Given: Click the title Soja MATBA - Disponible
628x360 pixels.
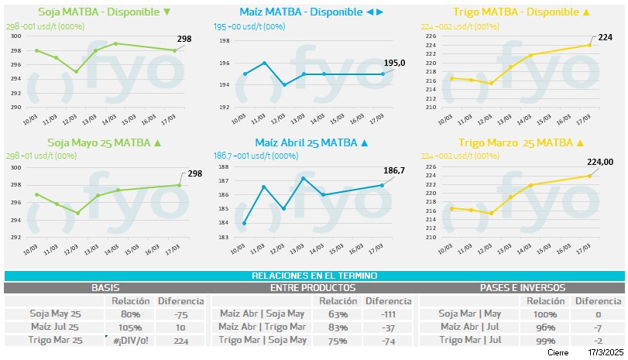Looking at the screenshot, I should point(103,12).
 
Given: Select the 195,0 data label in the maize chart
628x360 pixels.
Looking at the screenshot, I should point(395,63).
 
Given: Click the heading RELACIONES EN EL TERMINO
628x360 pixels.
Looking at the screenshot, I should point(314,276).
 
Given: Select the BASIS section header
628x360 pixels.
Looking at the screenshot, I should point(105,287).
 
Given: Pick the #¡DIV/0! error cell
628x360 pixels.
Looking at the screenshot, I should point(126,341).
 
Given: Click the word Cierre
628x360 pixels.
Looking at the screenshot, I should point(558,353).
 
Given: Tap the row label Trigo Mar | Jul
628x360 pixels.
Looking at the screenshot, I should point(470,341).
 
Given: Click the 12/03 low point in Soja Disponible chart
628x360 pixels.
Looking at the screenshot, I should point(76,72).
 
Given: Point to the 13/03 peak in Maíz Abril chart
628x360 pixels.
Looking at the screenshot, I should point(303,179).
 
